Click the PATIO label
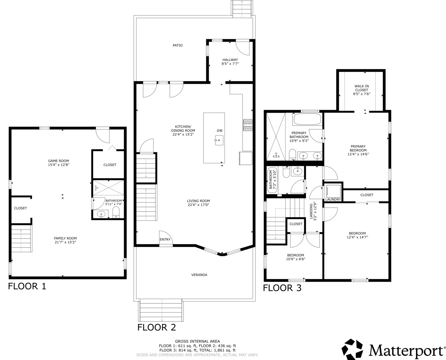pos(178,45)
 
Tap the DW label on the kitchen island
pos(220,131)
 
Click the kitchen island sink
pos(219,140)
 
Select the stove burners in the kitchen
pos(247,125)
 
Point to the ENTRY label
pos(165,240)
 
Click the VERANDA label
pos(199,275)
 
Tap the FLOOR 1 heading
pos(27,286)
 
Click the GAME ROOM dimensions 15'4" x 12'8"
pos(59,165)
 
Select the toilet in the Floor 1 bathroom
pos(116,212)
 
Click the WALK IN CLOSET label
pos(361,88)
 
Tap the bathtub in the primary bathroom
pos(307,119)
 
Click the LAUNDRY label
pos(333,199)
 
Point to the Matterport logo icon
pos(353,349)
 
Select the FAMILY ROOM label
pos(65,238)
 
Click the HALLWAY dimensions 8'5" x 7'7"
pos(230,64)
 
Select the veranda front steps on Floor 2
pos(161,310)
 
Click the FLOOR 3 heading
pos(282,288)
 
